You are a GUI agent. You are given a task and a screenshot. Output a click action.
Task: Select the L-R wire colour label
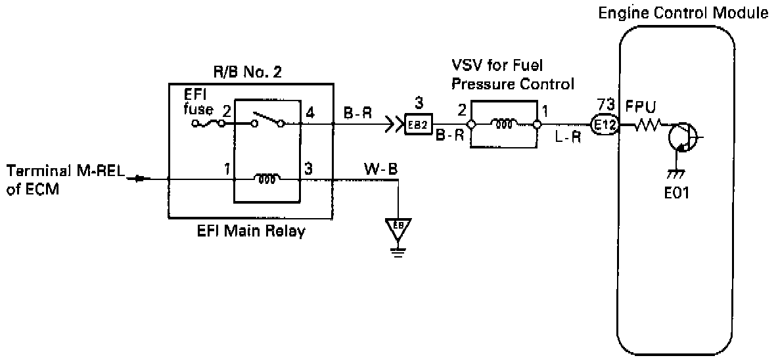(566, 140)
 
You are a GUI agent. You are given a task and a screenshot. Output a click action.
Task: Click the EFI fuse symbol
(210, 123)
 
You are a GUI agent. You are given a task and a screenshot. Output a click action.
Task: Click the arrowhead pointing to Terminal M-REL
(137, 178)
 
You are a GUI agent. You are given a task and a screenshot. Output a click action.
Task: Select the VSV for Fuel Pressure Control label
(512, 75)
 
